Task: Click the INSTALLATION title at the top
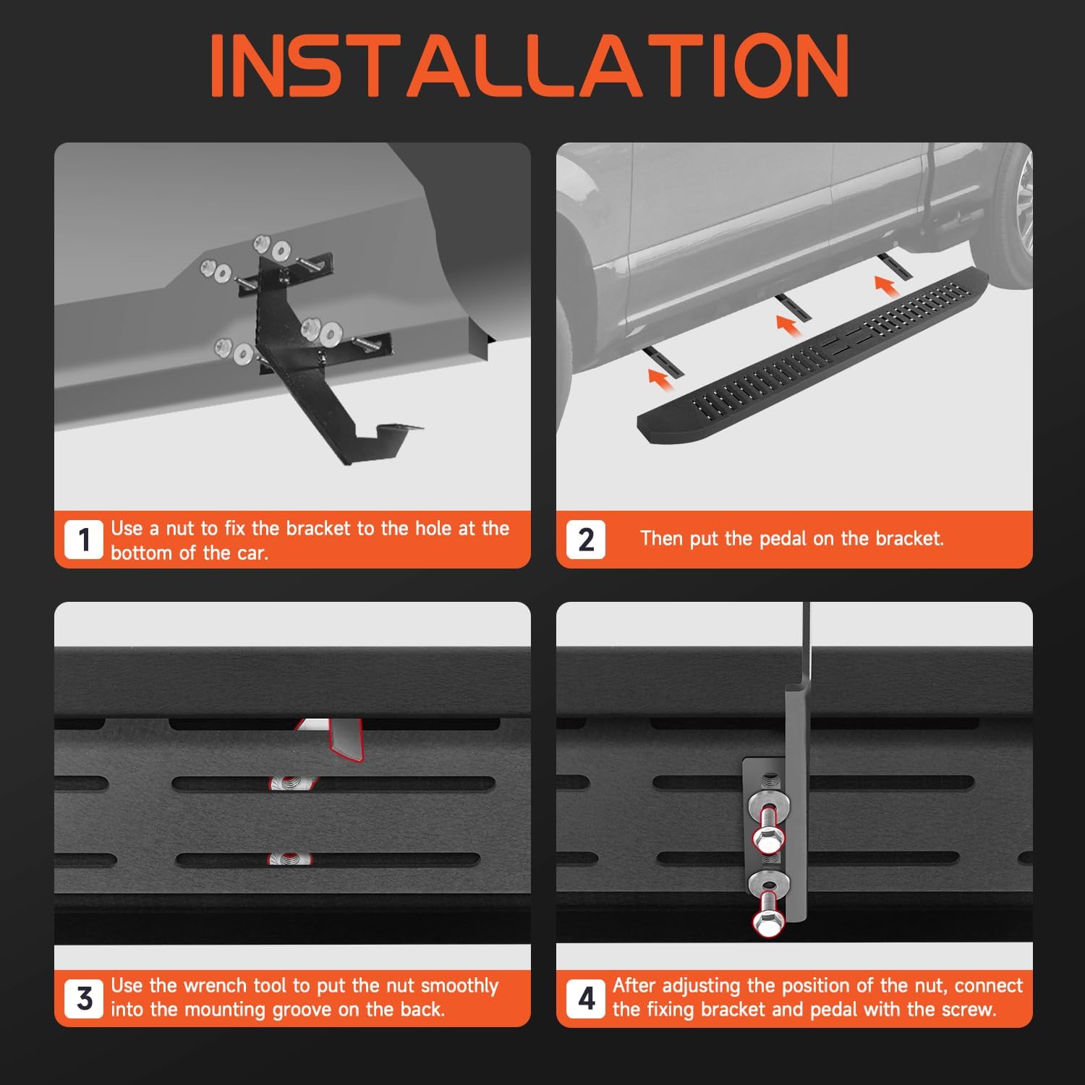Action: pyautogui.click(x=529, y=66)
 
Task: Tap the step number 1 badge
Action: pyautogui.click(x=84, y=540)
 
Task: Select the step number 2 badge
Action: pyautogui.click(x=586, y=540)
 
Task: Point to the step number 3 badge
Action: pyautogui.click(x=84, y=998)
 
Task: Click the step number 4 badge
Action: pyautogui.click(x=586, y=998)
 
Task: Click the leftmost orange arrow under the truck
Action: pyautogui.click(x=658, y=378)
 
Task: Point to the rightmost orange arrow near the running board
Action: pyautogui.click(x=887, y=285)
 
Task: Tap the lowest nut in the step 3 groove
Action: pyautogui.click(x=290, y=859)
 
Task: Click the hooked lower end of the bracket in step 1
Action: pyautogui.click(x=383, y=437)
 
